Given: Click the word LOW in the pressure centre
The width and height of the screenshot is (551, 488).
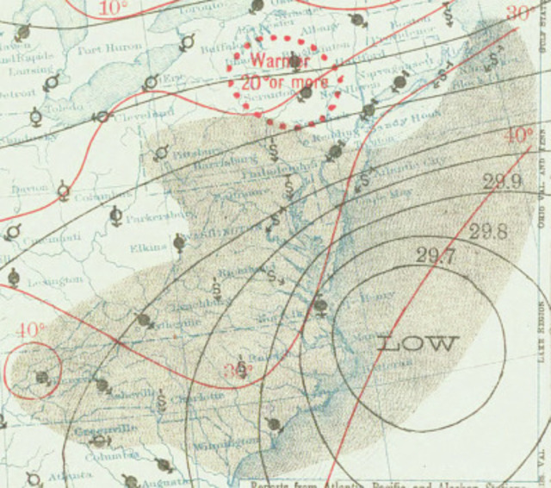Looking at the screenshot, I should [x=416, y=343].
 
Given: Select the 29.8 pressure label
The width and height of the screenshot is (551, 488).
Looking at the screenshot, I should [x=487, y=231].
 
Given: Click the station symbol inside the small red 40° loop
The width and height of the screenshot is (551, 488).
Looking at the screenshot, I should [x=40, y=377].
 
